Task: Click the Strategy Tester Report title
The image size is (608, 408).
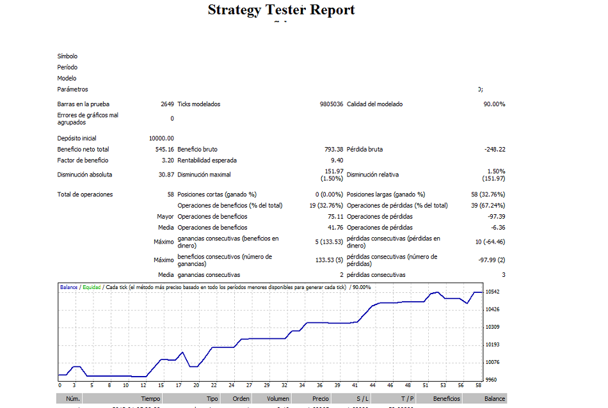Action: (281, 10)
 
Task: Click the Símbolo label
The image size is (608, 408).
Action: (67, 56)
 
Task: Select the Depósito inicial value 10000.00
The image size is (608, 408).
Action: (161, 138)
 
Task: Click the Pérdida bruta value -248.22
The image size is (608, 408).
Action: (495, 150)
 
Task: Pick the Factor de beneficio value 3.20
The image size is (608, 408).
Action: (168, 161)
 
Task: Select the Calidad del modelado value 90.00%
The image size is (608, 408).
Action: (494, 104)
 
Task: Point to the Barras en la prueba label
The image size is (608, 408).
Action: (83, 104)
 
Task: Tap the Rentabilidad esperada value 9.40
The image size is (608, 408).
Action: (337, 161)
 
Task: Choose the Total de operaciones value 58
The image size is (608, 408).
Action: (170, 194)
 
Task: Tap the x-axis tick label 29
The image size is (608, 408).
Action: (267, 386)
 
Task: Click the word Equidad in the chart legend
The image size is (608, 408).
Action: (92, 287)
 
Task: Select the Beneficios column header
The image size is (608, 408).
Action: (446, 399)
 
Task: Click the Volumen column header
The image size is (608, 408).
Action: (278, 399)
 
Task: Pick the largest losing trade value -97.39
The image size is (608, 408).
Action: (496, 216)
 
